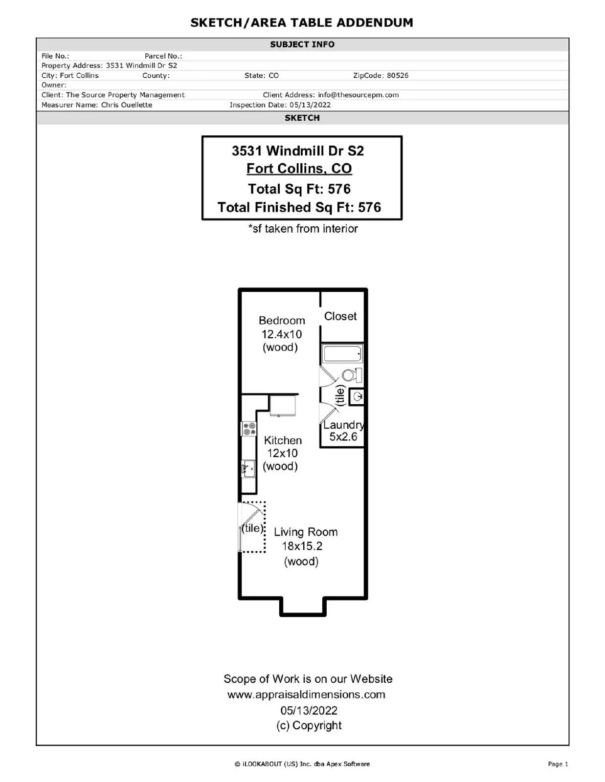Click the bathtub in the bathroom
point(342,353)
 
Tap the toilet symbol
point(352,375)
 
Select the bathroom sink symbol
point(357,396)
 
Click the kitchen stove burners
point(249,429)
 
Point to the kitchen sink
point(248,469)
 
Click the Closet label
point(340,316)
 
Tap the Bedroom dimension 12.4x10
point(282,334)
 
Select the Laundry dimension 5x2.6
point(343,436)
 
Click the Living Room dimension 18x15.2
point(302,546)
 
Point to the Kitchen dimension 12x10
point(282,453)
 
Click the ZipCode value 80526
point(398,76)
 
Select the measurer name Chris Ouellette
point(127,105)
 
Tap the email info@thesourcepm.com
point(359,95)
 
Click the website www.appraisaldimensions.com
point(306,694)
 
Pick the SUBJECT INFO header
point(302,44)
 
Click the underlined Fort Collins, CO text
point(299,169)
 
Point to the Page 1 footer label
point(558,764)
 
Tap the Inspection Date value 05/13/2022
point(310,105)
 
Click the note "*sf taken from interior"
point(303,229)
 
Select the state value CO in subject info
point(274,76)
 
